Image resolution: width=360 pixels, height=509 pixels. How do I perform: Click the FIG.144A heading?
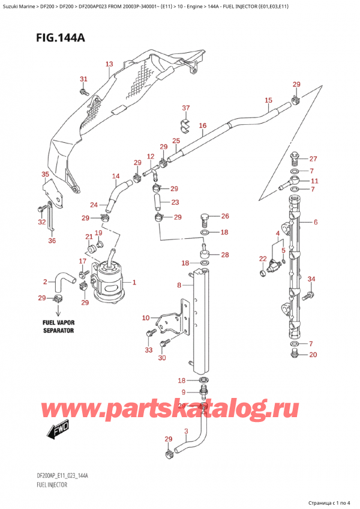point(47,38)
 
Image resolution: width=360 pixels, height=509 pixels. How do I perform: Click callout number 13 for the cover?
point(109,64)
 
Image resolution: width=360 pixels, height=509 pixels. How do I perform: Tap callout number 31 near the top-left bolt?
point(83,79)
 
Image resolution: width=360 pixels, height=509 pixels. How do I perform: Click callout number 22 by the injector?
point(262,259)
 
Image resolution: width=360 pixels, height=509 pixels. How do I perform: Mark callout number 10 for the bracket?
point(145,318)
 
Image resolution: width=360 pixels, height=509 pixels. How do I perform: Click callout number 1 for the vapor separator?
point(134,282)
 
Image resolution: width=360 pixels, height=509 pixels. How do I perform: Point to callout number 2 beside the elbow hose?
point(45,282)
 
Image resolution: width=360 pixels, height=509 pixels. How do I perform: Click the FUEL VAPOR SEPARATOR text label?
point(58,327)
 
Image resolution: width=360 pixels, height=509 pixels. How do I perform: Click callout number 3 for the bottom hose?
point(187,431)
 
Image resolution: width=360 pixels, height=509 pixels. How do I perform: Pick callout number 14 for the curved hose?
point(116,176)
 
